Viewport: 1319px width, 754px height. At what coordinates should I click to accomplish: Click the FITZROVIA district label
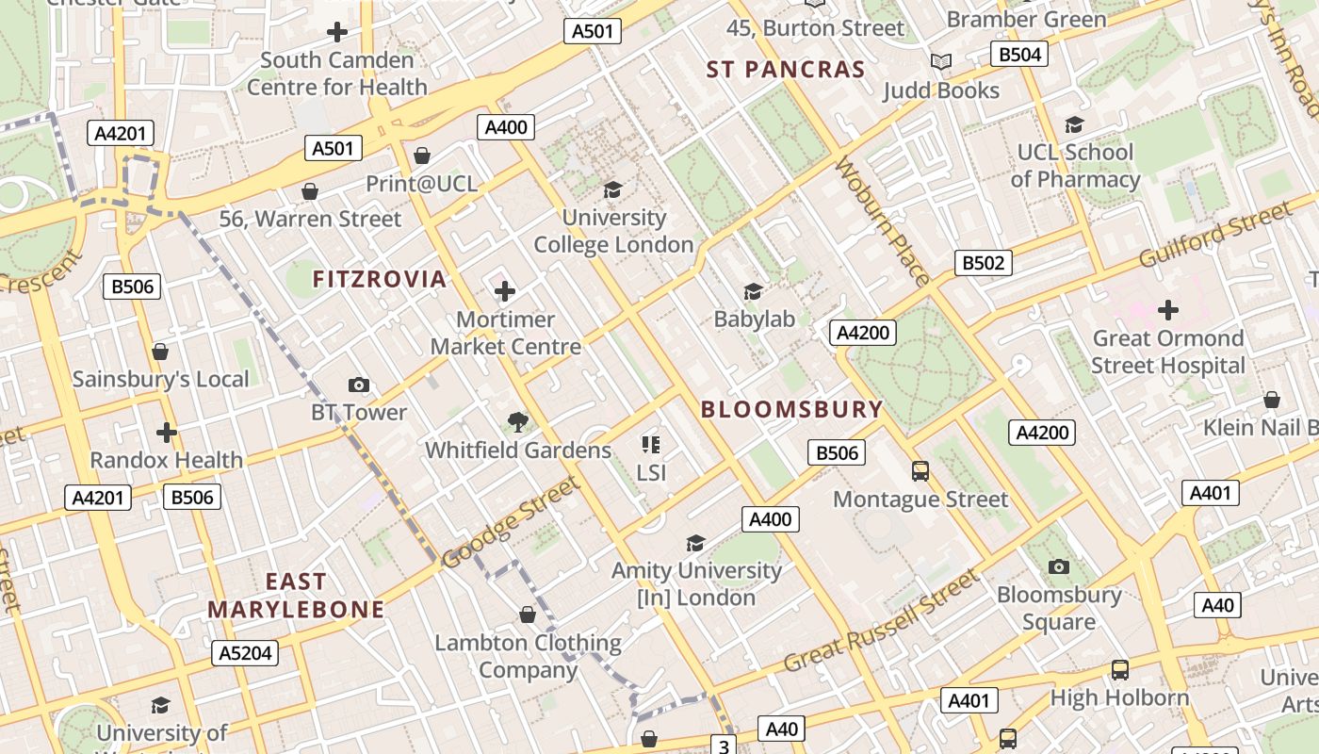(379, 279)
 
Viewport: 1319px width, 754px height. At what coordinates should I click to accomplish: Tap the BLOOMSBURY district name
(792, 409)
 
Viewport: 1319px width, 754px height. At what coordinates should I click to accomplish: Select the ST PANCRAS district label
(786, 70)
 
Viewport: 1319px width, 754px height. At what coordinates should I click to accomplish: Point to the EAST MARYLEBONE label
(296, 596)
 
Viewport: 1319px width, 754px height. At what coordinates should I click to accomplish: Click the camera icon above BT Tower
(359, 385)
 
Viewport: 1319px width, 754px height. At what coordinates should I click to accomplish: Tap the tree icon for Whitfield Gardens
(517, 422)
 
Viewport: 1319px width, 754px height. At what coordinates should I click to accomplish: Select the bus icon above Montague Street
(920, 470)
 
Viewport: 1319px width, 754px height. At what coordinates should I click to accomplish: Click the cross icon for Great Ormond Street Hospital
(1168, 310)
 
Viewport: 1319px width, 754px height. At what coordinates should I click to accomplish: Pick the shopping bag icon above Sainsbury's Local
(160, 352)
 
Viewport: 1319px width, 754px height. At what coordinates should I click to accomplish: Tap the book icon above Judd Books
(940, 62)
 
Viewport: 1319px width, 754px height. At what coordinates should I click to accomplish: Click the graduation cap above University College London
(613, 190)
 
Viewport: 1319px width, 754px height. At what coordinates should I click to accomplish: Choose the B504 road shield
(1019, 55)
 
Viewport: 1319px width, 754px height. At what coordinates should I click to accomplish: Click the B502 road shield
(983, 263)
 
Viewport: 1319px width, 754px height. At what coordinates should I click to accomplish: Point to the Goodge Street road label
(509, 523)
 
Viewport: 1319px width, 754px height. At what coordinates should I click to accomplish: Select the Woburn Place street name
(883, 221)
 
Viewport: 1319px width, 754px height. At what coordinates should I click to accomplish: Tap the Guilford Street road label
(1214, 235)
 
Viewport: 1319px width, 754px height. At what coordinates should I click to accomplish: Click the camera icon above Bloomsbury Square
(1059, 566)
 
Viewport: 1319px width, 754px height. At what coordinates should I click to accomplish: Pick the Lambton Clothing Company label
(528, 656)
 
